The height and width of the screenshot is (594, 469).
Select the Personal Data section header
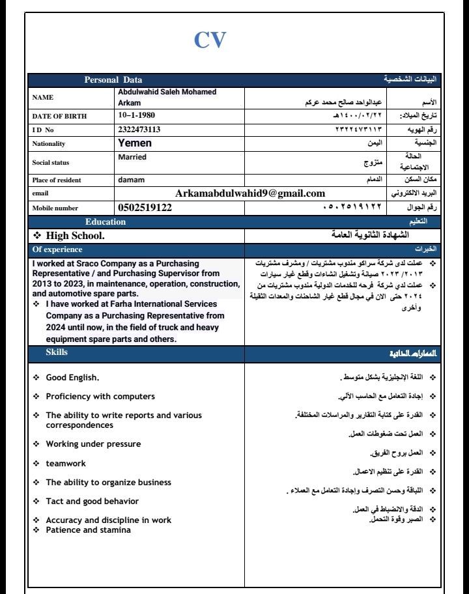pos(113,79)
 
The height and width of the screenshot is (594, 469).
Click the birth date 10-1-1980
pos(137,115)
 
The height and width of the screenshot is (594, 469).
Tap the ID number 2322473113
pos(139,129)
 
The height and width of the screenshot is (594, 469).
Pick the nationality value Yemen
pos(134,143)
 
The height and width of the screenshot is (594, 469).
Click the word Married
pos(132,157)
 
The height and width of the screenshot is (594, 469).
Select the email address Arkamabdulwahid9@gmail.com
pos(250,193)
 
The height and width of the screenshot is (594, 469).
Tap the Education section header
pos(106,222)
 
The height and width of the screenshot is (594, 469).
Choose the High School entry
pos(74,234)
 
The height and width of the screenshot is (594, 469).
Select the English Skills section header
pos(56,352)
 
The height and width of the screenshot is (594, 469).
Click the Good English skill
pos(72,378)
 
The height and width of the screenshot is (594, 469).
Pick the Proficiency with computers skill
pos(100,396)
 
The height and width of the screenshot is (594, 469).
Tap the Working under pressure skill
pos(92,444)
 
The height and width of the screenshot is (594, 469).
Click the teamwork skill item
pos(65,463)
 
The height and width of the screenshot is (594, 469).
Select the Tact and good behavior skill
pos(92,501)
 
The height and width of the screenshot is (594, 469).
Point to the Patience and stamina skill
pos(88,530)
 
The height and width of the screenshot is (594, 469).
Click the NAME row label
pos(43,97)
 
